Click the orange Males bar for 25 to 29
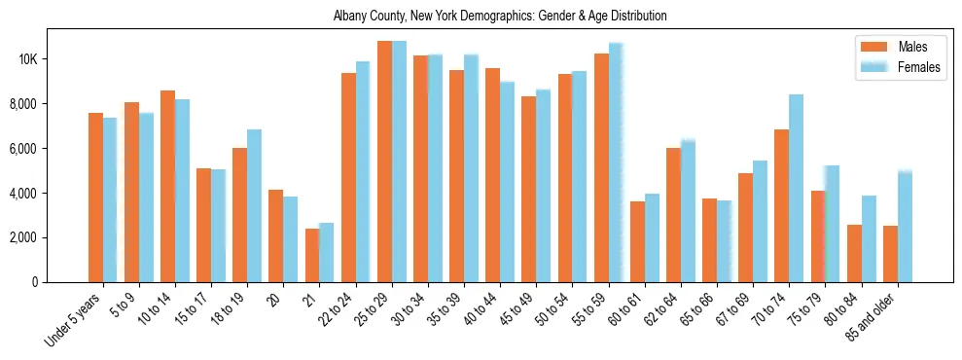pos(384,162)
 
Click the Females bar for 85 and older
pos(905,227)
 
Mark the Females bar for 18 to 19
pos(254,205)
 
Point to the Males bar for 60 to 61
pos(637,241)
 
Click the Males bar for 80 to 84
pos(854,253)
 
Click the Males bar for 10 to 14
pos(167,186)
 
